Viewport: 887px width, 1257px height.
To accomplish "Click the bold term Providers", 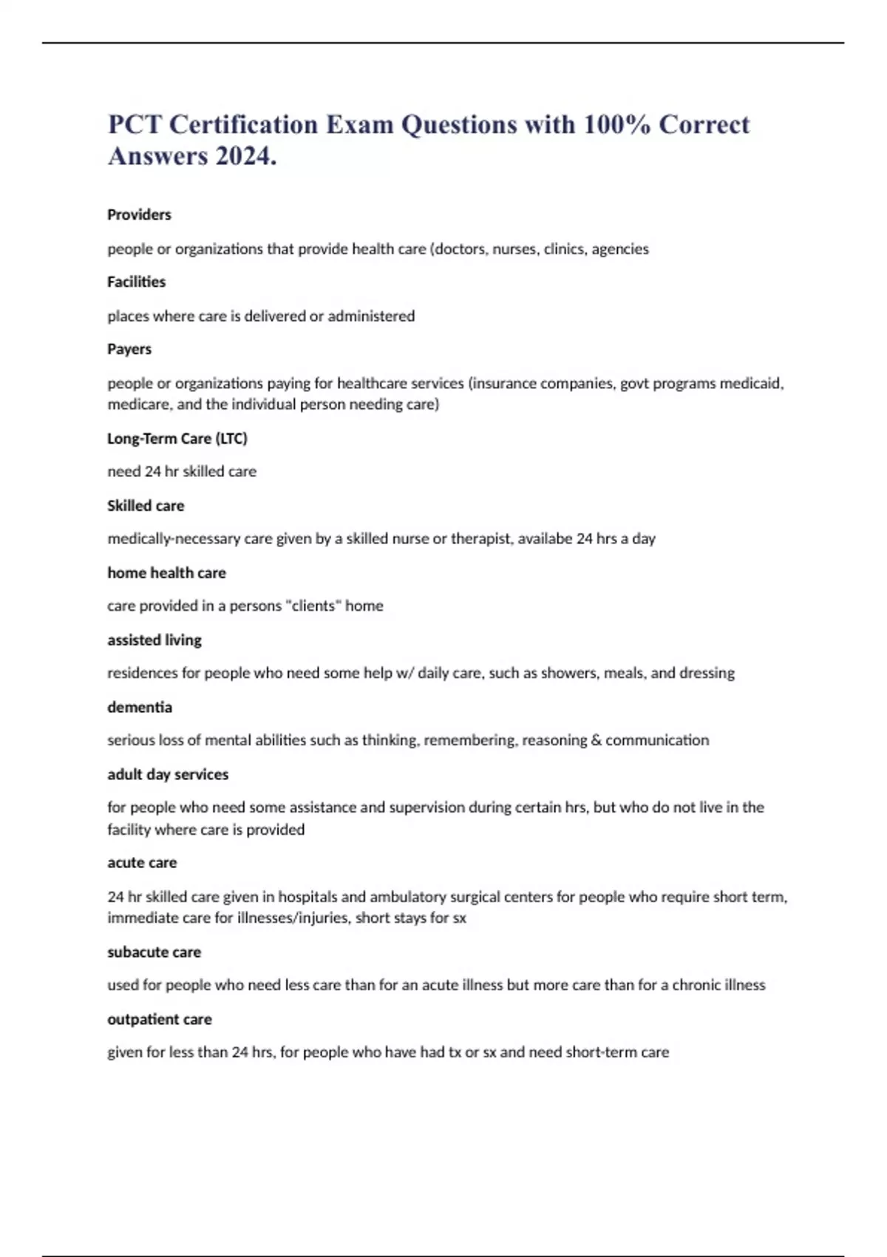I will click(139, 214).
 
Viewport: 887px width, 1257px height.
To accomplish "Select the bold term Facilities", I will click(136, 282).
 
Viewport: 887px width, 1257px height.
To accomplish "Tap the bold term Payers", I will click(129, 349).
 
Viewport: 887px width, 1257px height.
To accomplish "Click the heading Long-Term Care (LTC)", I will click(177, 438).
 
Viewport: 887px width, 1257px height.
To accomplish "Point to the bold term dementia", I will click(140, 707).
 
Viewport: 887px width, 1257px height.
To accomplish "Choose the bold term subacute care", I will click(154, 952).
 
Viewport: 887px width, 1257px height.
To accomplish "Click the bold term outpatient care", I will click(160, 1019).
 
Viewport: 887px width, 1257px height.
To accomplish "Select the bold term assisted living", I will click(154, 640).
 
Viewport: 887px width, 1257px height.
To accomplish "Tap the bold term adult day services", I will click(168, 774).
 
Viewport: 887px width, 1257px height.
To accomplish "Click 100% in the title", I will click(616, 124).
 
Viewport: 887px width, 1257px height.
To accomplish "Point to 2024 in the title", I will click(242, 156).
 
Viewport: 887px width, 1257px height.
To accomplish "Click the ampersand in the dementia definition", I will click(596, 740).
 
